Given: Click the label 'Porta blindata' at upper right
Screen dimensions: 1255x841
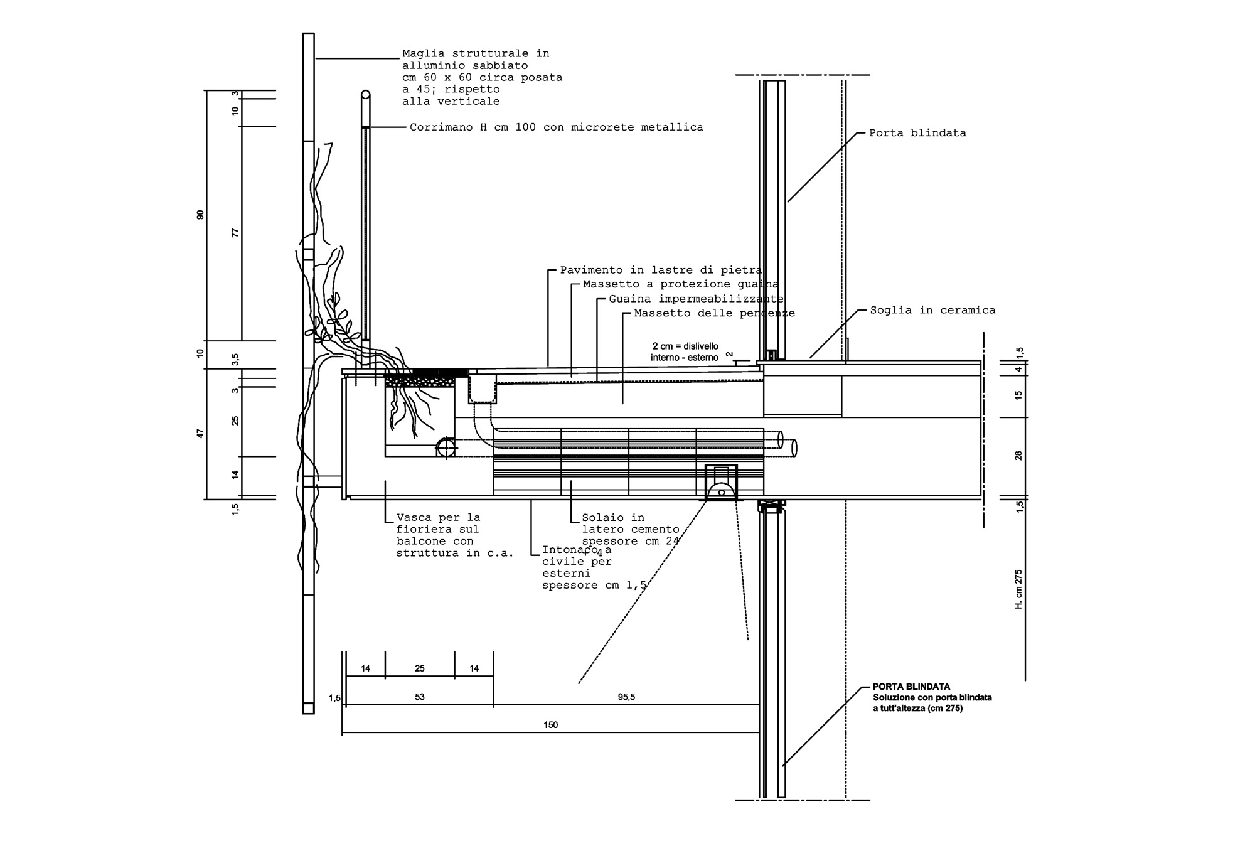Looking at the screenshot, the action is tap(917, 133).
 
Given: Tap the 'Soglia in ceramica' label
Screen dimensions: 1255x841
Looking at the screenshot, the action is tap(932, 310).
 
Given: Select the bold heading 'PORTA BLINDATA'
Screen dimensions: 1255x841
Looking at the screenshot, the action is tap(911, 687).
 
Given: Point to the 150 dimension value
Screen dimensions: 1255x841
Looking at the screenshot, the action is tap(550, 725).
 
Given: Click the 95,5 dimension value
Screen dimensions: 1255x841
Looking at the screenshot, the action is tap(626, 697).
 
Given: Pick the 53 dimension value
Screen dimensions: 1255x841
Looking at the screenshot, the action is tap(420, 697).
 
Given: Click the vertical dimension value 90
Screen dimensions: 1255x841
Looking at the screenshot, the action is tap(200, 215).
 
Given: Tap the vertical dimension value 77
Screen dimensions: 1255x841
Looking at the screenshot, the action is tap(235, 233).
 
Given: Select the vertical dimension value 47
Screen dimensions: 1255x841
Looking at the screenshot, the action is tap(200, 434).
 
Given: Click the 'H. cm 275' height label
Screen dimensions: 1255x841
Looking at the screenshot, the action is tap(1018, 589).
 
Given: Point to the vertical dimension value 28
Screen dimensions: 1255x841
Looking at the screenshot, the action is tap(1018, 456).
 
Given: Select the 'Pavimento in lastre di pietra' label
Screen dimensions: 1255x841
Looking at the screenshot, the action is tap(661, 271).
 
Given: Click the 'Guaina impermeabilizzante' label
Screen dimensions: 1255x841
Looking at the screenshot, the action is tap(696, 299).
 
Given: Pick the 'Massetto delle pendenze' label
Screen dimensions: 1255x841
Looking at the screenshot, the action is tap(715, 313).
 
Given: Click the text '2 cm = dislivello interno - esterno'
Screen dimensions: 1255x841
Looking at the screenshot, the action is tap(685, 352).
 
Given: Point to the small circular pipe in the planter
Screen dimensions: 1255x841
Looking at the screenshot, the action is tap(446, 447).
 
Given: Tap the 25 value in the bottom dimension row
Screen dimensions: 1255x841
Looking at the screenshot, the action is tap(420, 668).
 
